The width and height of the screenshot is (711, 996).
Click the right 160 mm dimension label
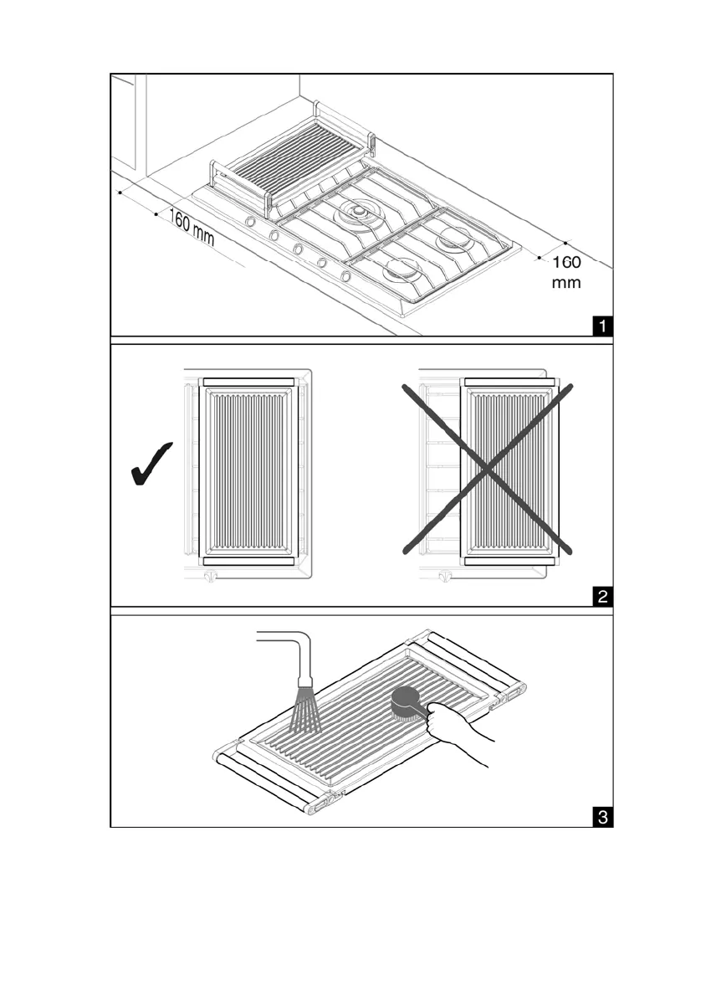coord(566,272)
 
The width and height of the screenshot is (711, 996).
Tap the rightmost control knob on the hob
coord(345,275)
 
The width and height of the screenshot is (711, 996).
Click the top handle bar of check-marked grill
coord(248,382)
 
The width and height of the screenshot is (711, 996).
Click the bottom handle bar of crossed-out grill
coord(508,561)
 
